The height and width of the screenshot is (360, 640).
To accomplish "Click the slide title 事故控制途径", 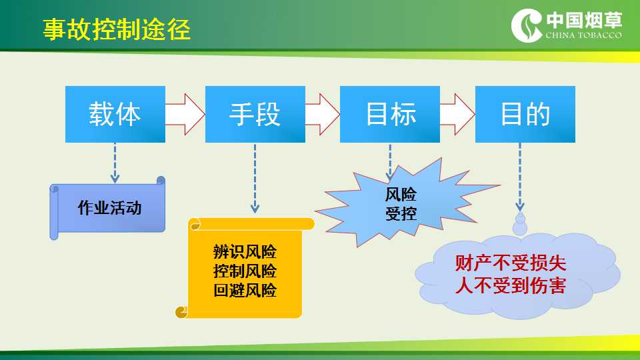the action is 117,29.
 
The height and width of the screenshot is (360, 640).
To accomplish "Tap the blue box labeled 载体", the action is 115,114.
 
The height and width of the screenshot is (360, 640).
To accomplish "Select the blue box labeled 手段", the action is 255,114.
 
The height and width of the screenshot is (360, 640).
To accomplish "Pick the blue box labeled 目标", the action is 390,114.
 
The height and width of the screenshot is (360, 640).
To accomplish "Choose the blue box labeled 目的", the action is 525,114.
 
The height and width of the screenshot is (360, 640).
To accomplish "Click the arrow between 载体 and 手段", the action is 185,114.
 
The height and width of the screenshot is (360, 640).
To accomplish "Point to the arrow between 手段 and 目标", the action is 323,114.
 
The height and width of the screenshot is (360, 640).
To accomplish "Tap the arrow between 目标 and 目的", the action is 457,114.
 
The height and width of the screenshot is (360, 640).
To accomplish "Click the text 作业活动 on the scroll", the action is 110,208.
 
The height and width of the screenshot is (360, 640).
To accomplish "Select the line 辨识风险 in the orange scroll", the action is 245,252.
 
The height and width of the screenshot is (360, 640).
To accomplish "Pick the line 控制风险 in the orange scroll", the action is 245,271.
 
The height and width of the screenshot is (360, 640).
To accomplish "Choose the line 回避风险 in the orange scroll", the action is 245,290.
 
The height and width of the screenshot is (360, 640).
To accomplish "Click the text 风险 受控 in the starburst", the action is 401,204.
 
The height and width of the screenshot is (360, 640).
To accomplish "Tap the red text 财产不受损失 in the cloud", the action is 511,263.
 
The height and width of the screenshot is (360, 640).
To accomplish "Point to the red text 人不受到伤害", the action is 511,285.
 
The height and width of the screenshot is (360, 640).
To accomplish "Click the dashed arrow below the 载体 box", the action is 115,163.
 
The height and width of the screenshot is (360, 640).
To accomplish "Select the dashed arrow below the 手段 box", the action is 255,179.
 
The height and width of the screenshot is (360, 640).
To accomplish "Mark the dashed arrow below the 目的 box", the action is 520,177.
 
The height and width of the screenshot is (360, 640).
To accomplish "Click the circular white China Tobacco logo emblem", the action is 527,25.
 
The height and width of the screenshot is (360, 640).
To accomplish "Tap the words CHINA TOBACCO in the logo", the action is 584,35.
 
